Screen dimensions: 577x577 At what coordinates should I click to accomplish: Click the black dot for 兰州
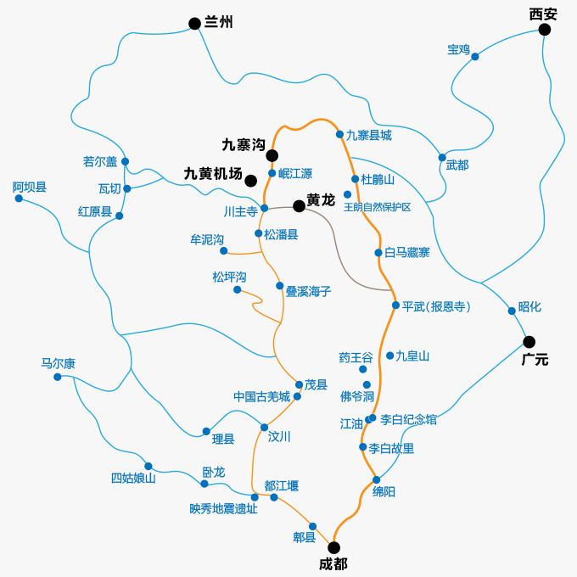point(194,23)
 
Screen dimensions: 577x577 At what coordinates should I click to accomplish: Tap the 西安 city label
point(543,14)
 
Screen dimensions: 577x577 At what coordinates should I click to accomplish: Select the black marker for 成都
point(333,547)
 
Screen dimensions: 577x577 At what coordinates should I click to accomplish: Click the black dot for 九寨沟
point(272,155)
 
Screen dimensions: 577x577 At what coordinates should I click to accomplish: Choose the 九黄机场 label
point(213,173)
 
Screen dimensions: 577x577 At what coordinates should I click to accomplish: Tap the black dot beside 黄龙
point(299,205)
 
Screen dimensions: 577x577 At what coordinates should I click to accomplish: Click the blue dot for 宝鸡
point(475,57)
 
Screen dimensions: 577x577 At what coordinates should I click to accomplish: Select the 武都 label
point(457,165)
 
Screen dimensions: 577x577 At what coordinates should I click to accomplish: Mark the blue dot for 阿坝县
point(19,199)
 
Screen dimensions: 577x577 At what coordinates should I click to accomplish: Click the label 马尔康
point(59,363)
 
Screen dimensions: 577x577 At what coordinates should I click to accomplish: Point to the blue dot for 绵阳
point(376,479)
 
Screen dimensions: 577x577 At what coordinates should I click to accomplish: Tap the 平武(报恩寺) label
point(436,306)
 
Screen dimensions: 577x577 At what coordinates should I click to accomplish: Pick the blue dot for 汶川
point(264,428)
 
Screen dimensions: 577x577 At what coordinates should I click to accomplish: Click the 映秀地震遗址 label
point(223,509)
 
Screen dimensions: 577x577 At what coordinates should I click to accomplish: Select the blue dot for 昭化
point(512,311)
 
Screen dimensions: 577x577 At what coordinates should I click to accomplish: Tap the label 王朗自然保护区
point(377,207)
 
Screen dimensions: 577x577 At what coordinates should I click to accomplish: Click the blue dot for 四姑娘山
point(148,466)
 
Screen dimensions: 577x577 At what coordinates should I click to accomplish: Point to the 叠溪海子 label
point(308,291)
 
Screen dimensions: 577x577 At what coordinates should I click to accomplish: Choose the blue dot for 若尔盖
point(125,161)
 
